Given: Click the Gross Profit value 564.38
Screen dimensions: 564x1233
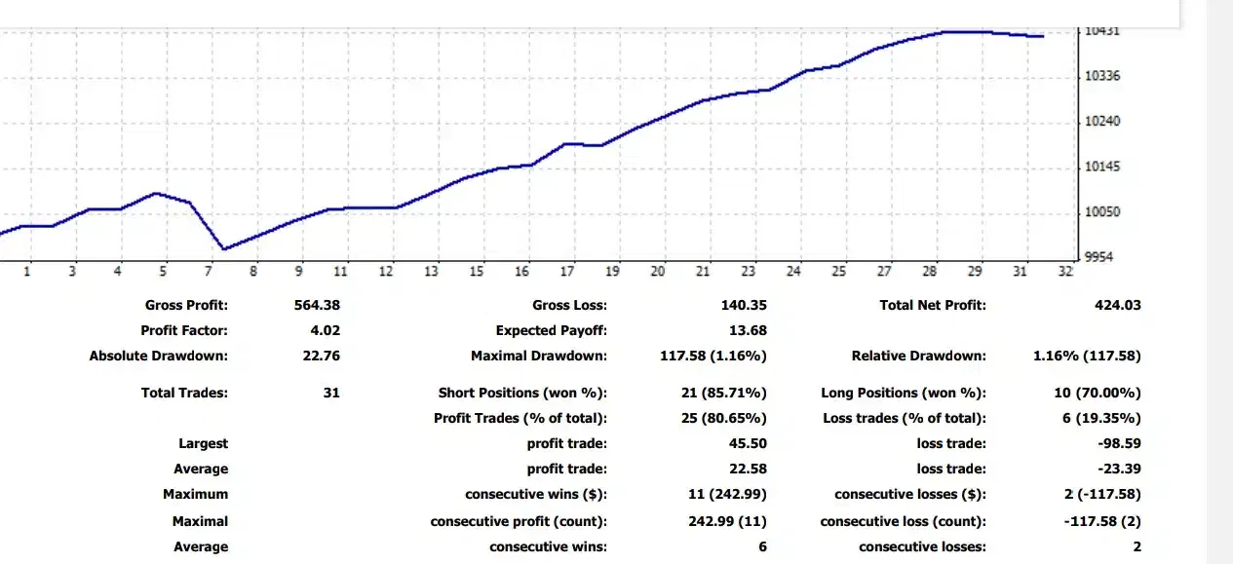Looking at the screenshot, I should tap(317, 305).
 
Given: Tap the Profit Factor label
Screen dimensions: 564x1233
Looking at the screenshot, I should tap(184, 330).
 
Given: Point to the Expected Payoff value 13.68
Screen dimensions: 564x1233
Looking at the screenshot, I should tap(748, 330).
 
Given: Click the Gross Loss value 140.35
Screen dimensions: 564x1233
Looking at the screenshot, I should tap(744, 305).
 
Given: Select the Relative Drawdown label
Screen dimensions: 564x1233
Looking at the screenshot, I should tap(918, 356).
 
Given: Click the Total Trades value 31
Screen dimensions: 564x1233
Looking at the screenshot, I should tap(331, 393).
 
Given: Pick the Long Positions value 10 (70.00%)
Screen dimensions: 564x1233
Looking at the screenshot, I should tap(1097, 393).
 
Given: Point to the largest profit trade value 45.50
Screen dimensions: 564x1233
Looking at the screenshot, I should tap(748, 443).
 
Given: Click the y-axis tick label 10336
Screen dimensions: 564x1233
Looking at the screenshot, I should tap(1101, 76).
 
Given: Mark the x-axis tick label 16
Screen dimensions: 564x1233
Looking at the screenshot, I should tap(522, 272).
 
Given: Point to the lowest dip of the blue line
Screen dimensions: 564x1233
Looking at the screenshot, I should tap(224, 249).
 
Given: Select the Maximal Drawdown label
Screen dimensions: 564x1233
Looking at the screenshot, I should tap(538, 356).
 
